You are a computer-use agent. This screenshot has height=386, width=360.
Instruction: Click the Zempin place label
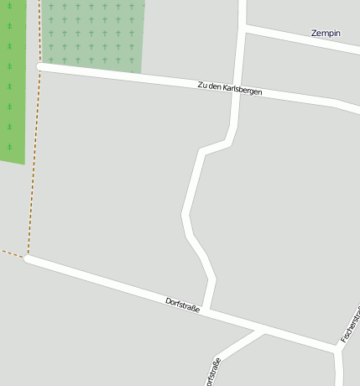(x=326, y=34)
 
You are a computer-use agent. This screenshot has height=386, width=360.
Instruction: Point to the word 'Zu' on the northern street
(x=201, y=84)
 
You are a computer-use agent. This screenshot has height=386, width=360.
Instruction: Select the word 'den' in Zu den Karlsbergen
(x=214, y=86)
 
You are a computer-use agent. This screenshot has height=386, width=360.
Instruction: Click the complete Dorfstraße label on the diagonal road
(x=183, y=305)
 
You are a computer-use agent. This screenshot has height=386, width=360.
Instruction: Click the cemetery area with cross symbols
(x=92, y=34)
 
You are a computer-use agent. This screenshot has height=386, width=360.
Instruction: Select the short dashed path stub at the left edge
(x=12, y=253)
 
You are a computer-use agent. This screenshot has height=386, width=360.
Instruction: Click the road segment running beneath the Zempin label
(x=310, y=43)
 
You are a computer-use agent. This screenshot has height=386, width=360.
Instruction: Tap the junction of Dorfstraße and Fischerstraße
(x=337, y=347)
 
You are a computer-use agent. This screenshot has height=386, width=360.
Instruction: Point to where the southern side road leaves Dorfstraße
(x=263, y=331)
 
